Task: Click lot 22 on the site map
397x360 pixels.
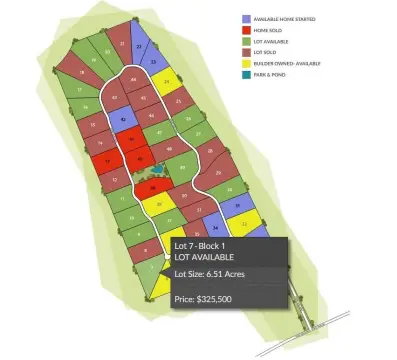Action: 122,44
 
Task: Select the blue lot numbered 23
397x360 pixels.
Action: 139,45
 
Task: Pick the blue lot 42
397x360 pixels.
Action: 123,119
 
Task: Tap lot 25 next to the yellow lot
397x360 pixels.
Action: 178,101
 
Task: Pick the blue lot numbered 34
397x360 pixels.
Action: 216,228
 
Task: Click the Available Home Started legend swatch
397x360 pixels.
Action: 246,18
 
